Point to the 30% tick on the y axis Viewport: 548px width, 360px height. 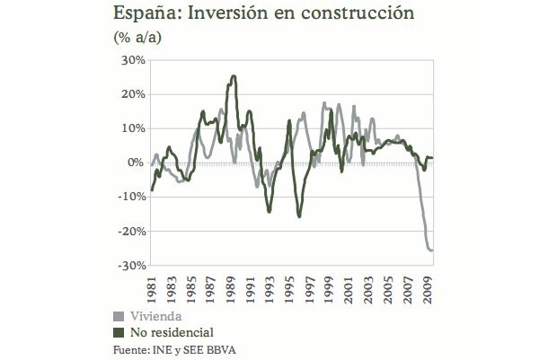(x=132, y=60)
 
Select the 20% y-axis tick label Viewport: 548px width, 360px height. (x=132, y=94)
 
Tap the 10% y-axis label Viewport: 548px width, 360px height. (x=132, y=128)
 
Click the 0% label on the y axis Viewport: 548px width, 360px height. (x=136, y=162)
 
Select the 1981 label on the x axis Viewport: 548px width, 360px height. (x=152, y=286)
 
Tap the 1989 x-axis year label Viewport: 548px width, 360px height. (x=232, y=286)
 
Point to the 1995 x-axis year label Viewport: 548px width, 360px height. (x=292, y=286)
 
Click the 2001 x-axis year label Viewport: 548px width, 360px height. (x=352, y=286)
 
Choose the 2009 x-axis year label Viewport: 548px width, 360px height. (x=431, y=286)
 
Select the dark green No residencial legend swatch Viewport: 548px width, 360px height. (x=117, y=332)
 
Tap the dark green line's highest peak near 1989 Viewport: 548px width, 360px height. (x=234, y=76)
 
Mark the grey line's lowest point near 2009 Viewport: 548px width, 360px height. (x=431, y=250)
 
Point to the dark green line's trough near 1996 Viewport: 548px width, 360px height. (x=299, y=216)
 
